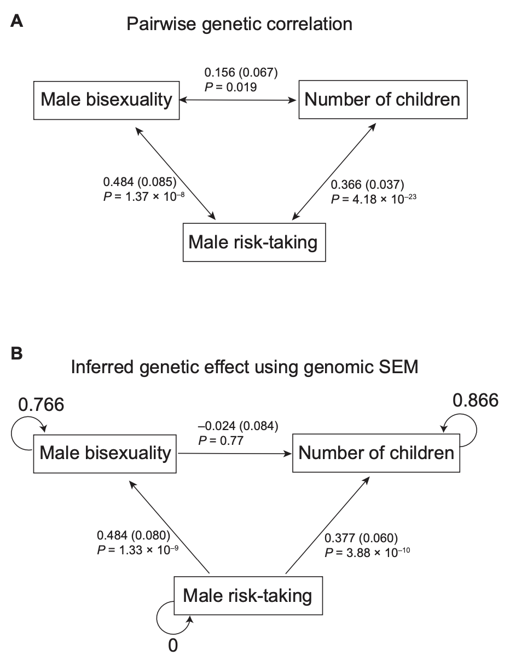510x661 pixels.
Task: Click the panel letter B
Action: pyautogui.click(x=17, y=353)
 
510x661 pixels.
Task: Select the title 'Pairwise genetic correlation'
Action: pyautogui.click(x=239, y=24)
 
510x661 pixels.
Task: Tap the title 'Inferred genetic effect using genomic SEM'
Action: pyautogui.click(x=245, y=367)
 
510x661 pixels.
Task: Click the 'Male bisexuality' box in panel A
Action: pyautogui.click(x=107, y=100)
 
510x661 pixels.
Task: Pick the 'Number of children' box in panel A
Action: pyautogui.click(x=382, y=100)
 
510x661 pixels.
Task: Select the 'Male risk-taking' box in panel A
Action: pyautogui.click(x=253, y=242)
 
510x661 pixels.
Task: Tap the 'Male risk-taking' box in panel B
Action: pyautogui.click(x=248, y=595)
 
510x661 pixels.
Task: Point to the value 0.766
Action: pyautogui.click(x=41, y=405)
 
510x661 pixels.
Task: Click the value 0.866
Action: pyautogui.click(x=476, y=401)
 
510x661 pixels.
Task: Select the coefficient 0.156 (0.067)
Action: pyautogui.click(x=241, y=72)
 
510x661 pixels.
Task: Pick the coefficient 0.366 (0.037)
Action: pyautogui.click(x=368, y=185)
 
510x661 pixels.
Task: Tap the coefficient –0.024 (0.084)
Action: pyautogui.click(x=238, y=425)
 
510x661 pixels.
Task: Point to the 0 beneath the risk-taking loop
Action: pyautogui.click(x=173, y=646)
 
